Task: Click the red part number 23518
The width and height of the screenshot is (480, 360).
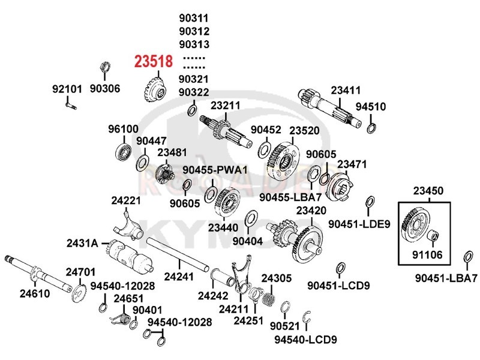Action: (x=154, y=61)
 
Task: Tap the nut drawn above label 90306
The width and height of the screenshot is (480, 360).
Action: (x=105, y=67)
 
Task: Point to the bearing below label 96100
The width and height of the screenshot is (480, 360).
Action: (x=124, y=151)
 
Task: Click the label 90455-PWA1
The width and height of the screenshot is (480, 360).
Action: (x=215, y=170)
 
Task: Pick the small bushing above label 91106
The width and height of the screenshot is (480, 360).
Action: (x=433, y=235)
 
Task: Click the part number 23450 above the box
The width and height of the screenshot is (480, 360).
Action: (x=428, y=191)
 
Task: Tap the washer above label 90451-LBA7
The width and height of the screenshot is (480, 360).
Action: (x=468, y=257)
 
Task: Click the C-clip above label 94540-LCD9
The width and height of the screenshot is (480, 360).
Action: (x=307, y=317)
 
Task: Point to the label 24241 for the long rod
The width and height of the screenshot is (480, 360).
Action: (x=179, y=277)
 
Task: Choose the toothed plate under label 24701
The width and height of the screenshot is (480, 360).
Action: (x=79, y=293)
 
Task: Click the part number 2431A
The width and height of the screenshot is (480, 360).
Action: (x=82, y=244)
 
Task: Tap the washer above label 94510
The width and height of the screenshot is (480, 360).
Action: (x=371, y=128)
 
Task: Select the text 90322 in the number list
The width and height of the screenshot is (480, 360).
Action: (x=194, y=92)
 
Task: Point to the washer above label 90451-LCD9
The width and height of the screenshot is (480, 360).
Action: (x=340, y=268)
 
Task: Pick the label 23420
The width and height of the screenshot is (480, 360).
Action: (x=311, y=211)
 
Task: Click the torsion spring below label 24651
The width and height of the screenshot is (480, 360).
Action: (x=121, y=319)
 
